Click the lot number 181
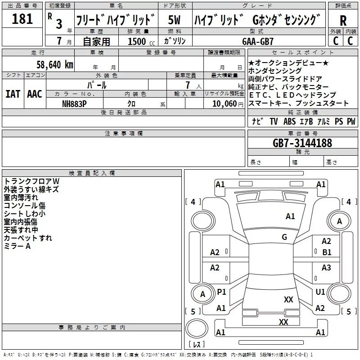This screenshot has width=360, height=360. pyautogui.click(x=22, y=18)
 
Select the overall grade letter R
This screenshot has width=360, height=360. pyautogui.click(x=343, y=21)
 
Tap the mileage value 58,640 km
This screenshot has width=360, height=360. pyautogui.click(x=54, y=65)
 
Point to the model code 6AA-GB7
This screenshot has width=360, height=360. pyautogui.click(x=258, y=41)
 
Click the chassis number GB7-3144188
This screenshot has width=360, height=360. pyautogui.click(x=302, y=143)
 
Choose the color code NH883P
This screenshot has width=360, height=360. pyautogui.click(x=74, y=104)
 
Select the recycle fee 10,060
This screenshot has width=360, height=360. pyautogui.click(x=224, y=104)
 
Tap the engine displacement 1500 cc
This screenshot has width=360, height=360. pyautogui.click(x=141, y=41)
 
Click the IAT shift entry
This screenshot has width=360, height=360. pyautogui.click(x=13, y=94)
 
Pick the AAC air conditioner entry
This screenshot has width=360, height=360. pyautogui.click(x=35, y=94)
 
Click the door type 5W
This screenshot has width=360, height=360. pyautogui.click(x=174, y=20)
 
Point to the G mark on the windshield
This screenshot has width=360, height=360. pyautogui.click(x=284, y=237)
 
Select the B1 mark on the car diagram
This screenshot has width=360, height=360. pyautogui.click(x=327, y=252)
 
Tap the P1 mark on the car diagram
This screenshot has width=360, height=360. pyautogui.click(x=221, y=292)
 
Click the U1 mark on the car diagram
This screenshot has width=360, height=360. pyautogui.click(x=320, y=292)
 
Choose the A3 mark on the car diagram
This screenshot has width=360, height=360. pyautogui.click(x=326, y=267)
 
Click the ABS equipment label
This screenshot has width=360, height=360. pyautogui.click(x=289, y=121)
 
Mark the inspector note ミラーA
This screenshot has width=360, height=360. pyautogui.click(x=17, y=246)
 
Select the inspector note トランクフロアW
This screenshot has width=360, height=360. pyautogui.click(x=31, y=181)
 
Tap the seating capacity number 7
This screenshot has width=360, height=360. pyautogui.click(x=188, y=85)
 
